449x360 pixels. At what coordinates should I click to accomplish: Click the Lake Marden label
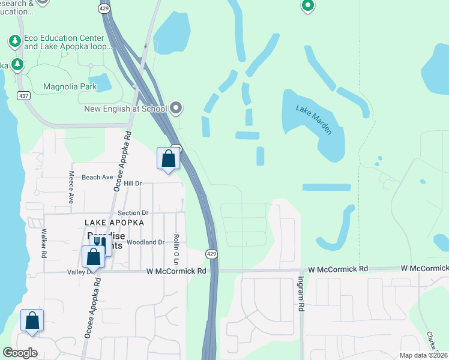pyautogui.click(x=314, y=119)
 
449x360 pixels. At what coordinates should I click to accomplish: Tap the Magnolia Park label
pyautogui.click(x=70, y=86)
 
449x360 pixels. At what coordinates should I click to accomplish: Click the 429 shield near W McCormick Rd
pyautogui.click(x=211, y=254)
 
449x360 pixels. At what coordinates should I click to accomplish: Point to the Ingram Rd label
pyautogui.click(x=300, y=293)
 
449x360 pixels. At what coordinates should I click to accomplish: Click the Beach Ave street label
pyautogui.click(x=97, y=177)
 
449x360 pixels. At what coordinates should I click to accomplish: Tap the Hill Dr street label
pyautogui.click(x=132, y=184)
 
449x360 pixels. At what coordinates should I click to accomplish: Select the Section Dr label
pyautogui.click(x=133, y=213)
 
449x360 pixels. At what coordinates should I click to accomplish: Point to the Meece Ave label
pyautogui.click(x=71, y=187)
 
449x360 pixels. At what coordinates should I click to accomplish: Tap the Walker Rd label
pyautogui.click(x=44, y=242)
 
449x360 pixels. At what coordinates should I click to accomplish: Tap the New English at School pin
pyautogui.click(x=176, y=109)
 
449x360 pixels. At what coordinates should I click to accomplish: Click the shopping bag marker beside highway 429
pyautogui.click(x=169, y=159)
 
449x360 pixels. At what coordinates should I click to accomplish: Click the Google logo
pyautogui.click(x=20, y=353)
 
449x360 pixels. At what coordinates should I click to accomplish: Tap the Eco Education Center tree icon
pyautogui.click(x=15, y=41)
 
